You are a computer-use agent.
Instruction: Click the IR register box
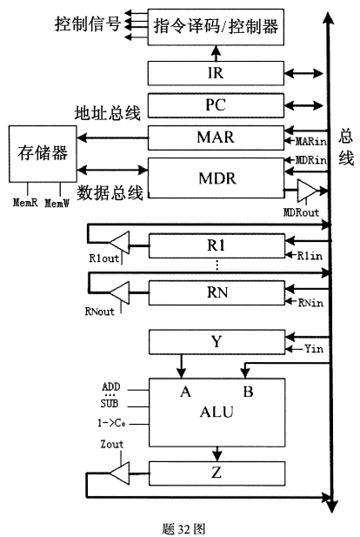[217, 72]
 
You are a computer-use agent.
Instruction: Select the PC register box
[217, 105]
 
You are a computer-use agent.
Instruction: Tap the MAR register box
[217, 138]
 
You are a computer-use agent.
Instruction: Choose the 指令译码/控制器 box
[217, 27]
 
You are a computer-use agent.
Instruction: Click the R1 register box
[217, 245]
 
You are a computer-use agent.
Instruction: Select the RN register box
[217, 292]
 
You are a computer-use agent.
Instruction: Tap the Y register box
[217, 342]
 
